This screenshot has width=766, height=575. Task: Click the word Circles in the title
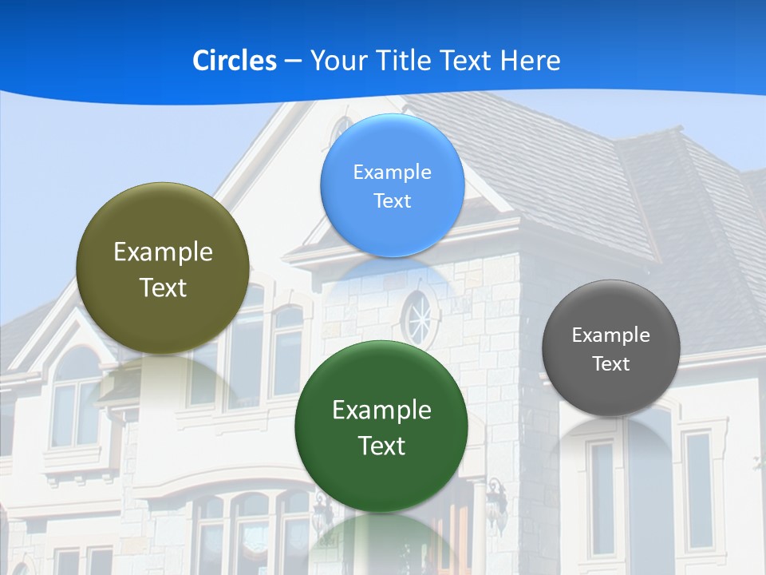tap(234, 61)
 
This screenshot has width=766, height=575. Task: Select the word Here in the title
tap(530, 61)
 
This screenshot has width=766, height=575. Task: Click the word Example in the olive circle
tap(163, 252)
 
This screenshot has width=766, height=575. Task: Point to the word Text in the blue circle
tap(393, 200)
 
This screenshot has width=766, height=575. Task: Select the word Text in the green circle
tap(381, 446)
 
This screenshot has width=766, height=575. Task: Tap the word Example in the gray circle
tap(611, 335)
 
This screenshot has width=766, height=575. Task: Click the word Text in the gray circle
tap(611, 364)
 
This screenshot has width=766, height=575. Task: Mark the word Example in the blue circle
tap(393, 172)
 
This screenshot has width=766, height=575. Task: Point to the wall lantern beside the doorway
tap(496, 498)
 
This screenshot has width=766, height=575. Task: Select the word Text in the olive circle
tap(163, 287)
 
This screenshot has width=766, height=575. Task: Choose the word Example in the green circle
tap(381, 410)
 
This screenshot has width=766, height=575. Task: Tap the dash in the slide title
tap(292, 61)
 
